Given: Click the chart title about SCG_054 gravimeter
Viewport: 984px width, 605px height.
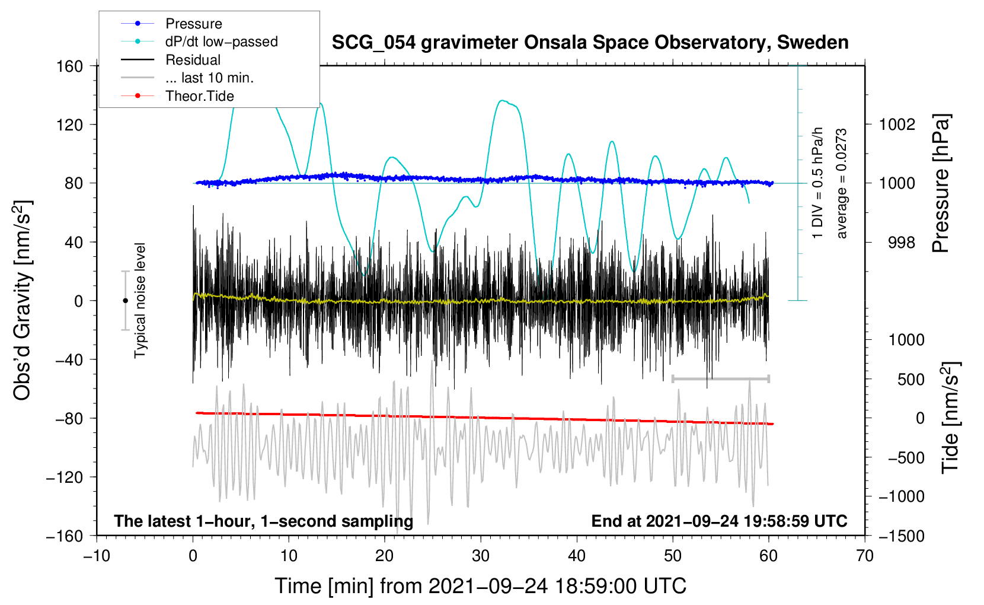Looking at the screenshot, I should click(590, 43).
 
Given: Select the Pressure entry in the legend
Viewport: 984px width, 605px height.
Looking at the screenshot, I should click(193, 24).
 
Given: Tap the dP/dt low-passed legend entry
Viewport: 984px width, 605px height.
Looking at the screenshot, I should click(221, 42).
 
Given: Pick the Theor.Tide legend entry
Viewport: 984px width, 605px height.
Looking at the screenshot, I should click(199, 96).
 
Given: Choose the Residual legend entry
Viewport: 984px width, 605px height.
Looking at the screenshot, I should click(193, 60).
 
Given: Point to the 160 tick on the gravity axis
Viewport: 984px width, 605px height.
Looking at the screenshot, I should click(70, 66).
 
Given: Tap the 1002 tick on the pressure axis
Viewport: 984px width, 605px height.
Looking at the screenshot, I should click(897, 125).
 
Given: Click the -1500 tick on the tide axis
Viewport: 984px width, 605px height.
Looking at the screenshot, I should click(901, 536).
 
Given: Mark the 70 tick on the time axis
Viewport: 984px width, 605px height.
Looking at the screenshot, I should click(865, 556).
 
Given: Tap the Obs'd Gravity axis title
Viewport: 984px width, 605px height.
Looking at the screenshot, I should click(23, 300).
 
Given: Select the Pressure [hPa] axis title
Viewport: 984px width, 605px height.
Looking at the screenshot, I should click(941, 184).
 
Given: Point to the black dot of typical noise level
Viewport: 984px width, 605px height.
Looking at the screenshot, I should click(125, 301).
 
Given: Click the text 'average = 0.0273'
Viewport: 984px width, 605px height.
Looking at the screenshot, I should click(842, 184).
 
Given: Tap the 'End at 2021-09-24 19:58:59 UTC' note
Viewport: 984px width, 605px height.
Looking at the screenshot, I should click(719, 521).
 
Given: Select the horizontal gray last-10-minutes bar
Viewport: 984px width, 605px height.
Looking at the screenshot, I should click(720, 378).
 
